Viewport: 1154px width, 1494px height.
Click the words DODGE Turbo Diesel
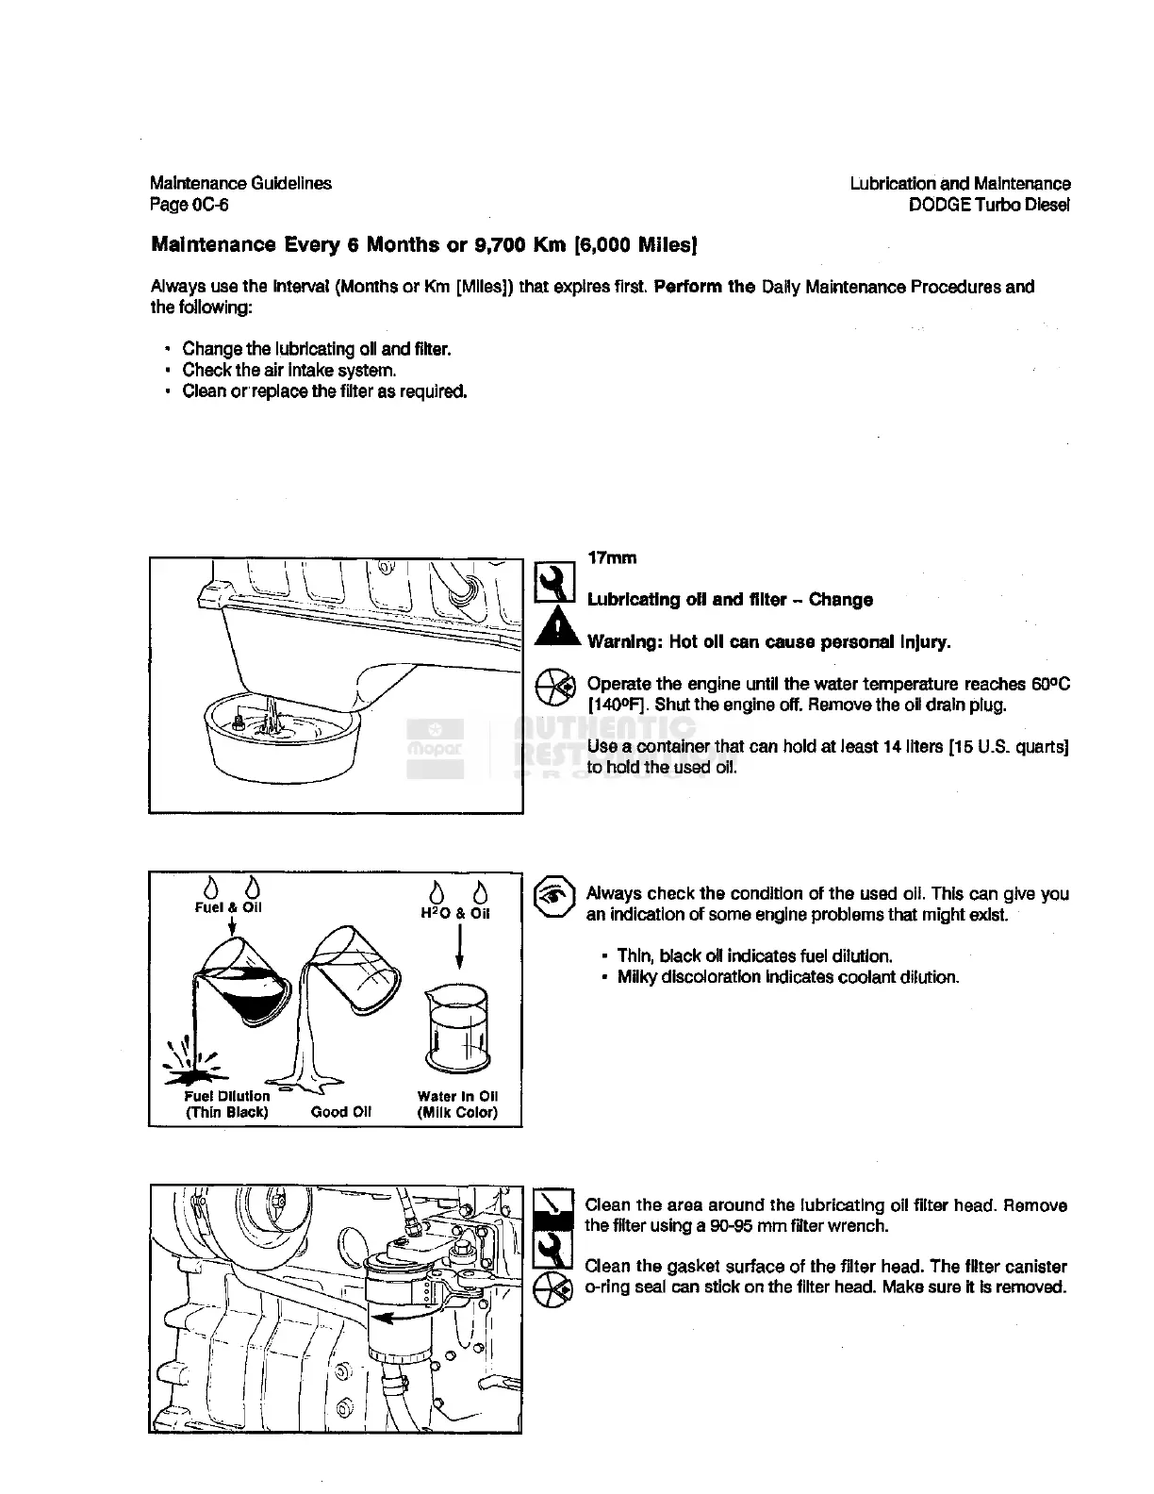coord(989,205)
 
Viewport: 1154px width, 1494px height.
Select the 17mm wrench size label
coord(612,557)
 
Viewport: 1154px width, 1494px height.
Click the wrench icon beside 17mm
coord(554,583)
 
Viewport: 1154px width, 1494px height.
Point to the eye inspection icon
coord(554,899)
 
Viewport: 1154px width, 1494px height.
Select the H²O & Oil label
coord(455,913)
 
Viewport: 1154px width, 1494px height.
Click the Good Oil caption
coord(341,1112)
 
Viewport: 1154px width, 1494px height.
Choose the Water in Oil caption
coord(457,1104)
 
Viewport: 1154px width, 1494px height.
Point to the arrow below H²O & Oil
coord(459,947)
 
